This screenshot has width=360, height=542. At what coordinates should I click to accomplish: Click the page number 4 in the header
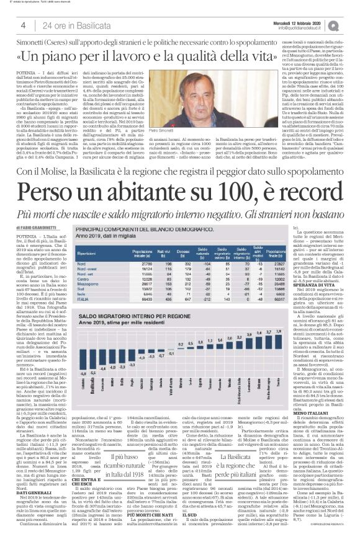click(x=22, y=24)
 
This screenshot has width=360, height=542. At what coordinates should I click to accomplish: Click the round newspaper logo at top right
click(x=351, y=24)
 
